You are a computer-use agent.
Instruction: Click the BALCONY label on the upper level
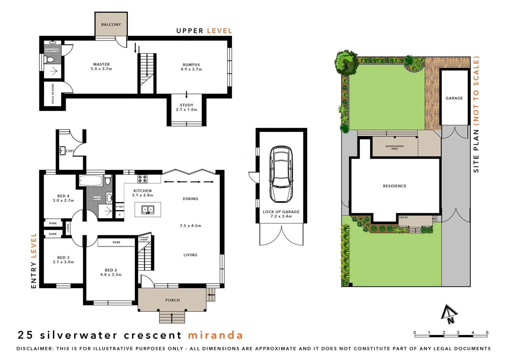pyautogui.click(x=111, y=25)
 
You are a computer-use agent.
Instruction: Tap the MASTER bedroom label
pyautogui.click(x=101, y=64)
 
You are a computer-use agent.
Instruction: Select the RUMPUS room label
pyautogui.click(x=191, y=65)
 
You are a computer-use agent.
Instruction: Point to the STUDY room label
pyautogui.click(x=187, y=105)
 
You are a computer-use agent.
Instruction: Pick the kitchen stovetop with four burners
pyautogui.click(x=143, y=179)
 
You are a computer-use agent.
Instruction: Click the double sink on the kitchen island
pyautogui.click(x=148, y=210)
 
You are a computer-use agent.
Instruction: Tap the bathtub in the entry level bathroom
pyautogui.click(x=90, y=181)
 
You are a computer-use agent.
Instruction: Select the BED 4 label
pyautogui.click(x=63, y=196)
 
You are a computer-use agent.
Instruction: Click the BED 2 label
pyautogui.click(x=111, y=270)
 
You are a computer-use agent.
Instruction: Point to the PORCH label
pyautogui.click(x=173, y=300)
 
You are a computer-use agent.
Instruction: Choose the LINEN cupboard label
pyautogui.click(x=68, y=228)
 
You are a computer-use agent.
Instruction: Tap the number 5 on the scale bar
pyautogui.click(x=487, y=333)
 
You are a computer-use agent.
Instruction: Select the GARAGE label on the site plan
pyautogui.click(x=454, y=98)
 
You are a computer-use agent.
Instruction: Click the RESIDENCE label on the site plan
pyautogui.click(x=395, y=186)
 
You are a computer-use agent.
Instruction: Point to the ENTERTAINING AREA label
pyautogui.click(x=394, y=147)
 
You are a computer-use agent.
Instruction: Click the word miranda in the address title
pyautogui.click(x=215, y=335)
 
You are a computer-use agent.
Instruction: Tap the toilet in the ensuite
pyautogui.click(x=50, y=60)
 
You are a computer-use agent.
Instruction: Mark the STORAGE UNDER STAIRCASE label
pyautogui.click(x=144, y=240)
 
